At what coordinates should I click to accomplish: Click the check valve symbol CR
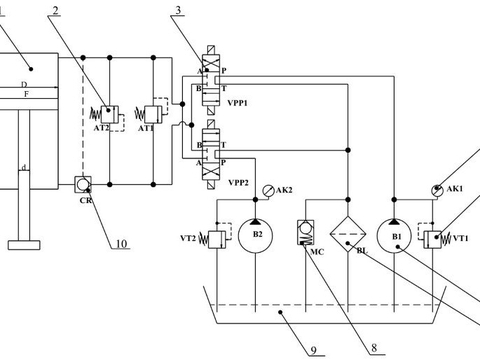(x=83, y=184)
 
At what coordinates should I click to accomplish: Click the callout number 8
(x=372, y=349)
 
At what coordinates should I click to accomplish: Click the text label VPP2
(x=239, y=183)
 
